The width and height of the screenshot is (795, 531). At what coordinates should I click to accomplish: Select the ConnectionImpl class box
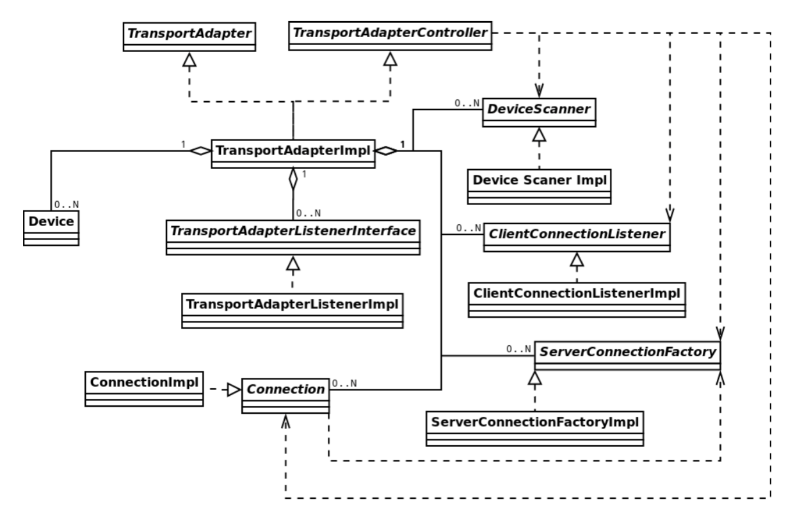point(143,389)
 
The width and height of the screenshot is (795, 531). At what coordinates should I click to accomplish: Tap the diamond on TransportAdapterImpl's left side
point(200,151)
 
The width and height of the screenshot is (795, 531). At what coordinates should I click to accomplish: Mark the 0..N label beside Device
point(67,205)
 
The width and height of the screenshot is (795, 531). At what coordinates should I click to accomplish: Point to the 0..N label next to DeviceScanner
point(467,102)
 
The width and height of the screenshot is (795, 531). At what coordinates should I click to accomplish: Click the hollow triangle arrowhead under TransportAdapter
point(190,60)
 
